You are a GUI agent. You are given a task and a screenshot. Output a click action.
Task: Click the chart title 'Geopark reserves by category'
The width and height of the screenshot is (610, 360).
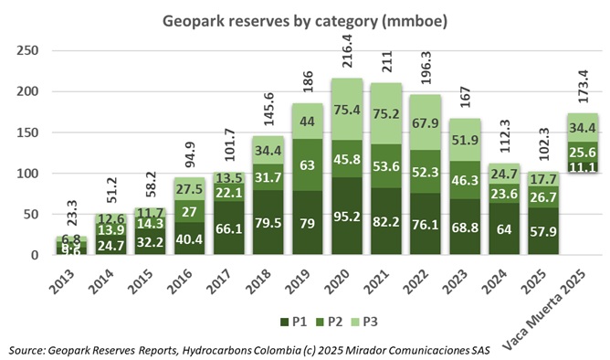pos(304,19)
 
